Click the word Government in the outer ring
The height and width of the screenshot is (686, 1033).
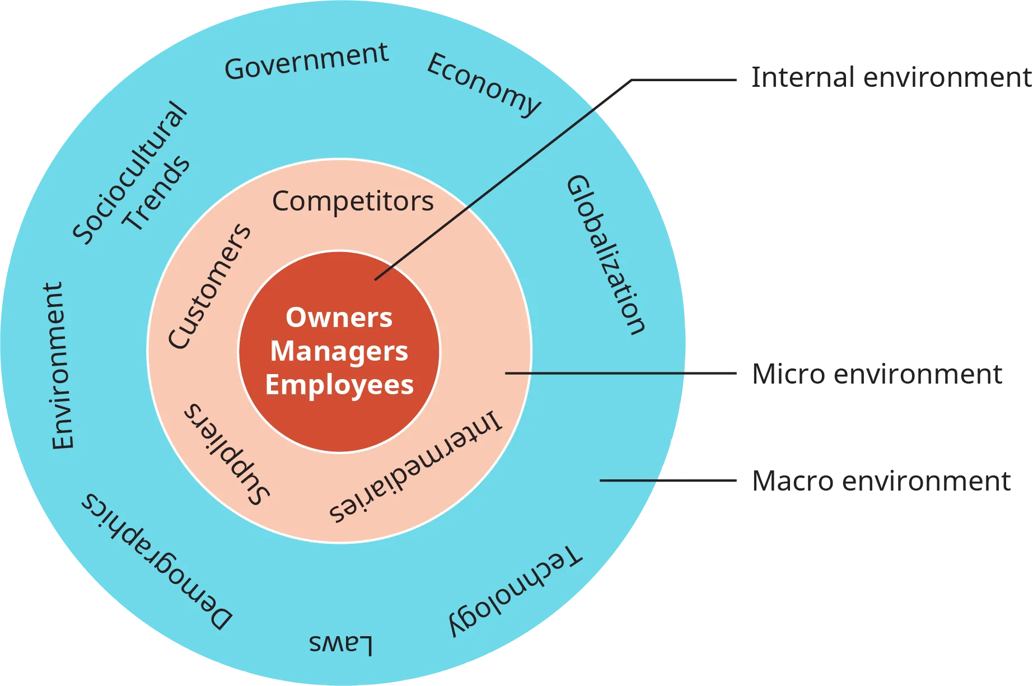(306, 61)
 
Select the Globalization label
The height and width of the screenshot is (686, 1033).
(606, 255)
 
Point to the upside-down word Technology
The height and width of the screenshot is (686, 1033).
(515, 592)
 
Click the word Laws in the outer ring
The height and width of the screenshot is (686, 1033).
(340, 644)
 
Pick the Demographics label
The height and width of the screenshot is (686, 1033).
(157, 562)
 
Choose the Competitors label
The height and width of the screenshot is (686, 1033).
(353, 201)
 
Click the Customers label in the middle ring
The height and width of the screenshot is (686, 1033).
(210, 286)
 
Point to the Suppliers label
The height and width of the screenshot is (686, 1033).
(227, 454)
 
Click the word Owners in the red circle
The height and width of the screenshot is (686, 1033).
(339, 318)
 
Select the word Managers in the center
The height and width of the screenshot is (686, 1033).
(339, 352)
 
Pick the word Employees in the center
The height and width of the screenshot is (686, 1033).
(339, 385)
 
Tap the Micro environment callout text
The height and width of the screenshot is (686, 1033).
(877, 375)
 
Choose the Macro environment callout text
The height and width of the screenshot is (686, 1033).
(881, 482)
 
